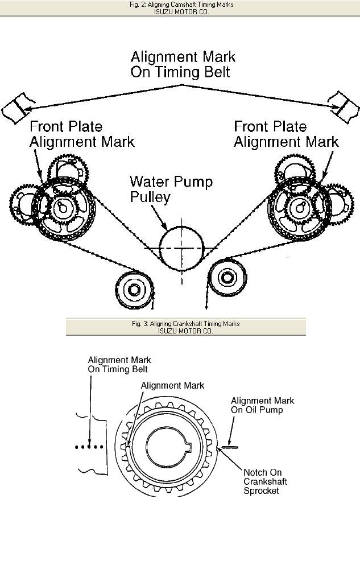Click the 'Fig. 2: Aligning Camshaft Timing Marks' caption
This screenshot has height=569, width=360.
tap(181, 5)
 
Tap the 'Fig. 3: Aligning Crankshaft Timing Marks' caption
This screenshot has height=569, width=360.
tap(185, 324)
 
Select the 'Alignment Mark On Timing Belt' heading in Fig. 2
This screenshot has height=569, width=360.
tap(183, 64)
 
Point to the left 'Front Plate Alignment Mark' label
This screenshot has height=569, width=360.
tap(82, 134)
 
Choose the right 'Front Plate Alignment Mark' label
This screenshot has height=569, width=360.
tap(286, 134)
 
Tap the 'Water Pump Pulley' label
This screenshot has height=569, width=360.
tap(171, 189)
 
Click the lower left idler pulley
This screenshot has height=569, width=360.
tap(135, 290)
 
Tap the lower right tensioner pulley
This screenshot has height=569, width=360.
tap(227, 278)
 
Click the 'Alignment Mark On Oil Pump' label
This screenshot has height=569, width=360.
tap(262, 405)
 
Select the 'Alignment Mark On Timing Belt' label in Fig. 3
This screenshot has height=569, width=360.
tap(119, 365)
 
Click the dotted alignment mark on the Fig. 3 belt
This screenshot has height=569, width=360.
tap(89, 447)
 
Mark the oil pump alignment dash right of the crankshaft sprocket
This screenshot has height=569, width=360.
tap(228, 447)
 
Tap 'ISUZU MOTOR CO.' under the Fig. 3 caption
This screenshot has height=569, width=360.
tap(185, 331)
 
